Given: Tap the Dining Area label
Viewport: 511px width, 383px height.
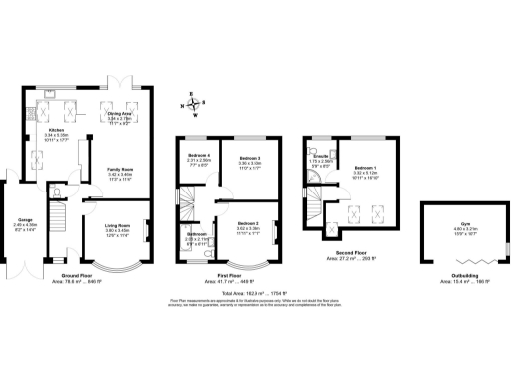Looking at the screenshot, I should (x=121, y=114).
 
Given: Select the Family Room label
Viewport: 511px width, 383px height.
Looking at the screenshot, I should (x=121, y=170).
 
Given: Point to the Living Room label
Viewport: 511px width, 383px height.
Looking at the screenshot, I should (x=119, y=226).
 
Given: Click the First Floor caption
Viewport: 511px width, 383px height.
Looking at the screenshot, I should (x=232, y=278).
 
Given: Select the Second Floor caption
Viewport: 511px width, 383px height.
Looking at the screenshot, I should (x=352, y=256).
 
